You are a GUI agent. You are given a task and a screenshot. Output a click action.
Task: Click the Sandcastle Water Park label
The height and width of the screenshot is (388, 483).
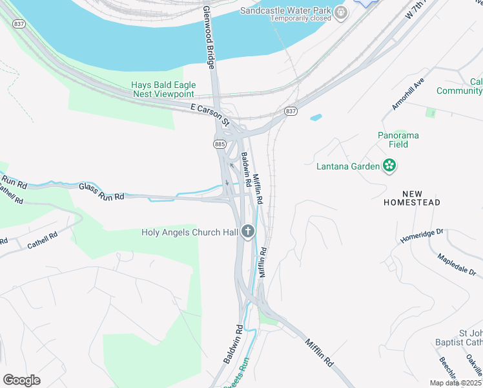[x=286, y=10]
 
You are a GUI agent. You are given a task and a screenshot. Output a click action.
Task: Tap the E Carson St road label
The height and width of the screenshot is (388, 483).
[x=211, y=114]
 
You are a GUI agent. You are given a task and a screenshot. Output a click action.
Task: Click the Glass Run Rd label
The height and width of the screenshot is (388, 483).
[x=101, y=191]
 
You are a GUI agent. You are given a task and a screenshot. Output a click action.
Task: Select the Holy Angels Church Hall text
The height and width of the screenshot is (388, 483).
[x=190, y=232]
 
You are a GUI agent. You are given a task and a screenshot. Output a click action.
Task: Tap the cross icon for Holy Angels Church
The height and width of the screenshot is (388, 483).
[x=248, y=232]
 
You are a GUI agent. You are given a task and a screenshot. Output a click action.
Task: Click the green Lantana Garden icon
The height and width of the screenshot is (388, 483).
[x=389, y=166]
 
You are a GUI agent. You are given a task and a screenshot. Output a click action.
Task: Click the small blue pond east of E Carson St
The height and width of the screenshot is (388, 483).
[x=316, y=118]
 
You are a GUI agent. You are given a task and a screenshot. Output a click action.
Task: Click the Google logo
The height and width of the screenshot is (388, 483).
[x=21, y=380]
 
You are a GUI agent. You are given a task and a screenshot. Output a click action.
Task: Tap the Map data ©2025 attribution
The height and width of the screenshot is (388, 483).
[x=453, y=383]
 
